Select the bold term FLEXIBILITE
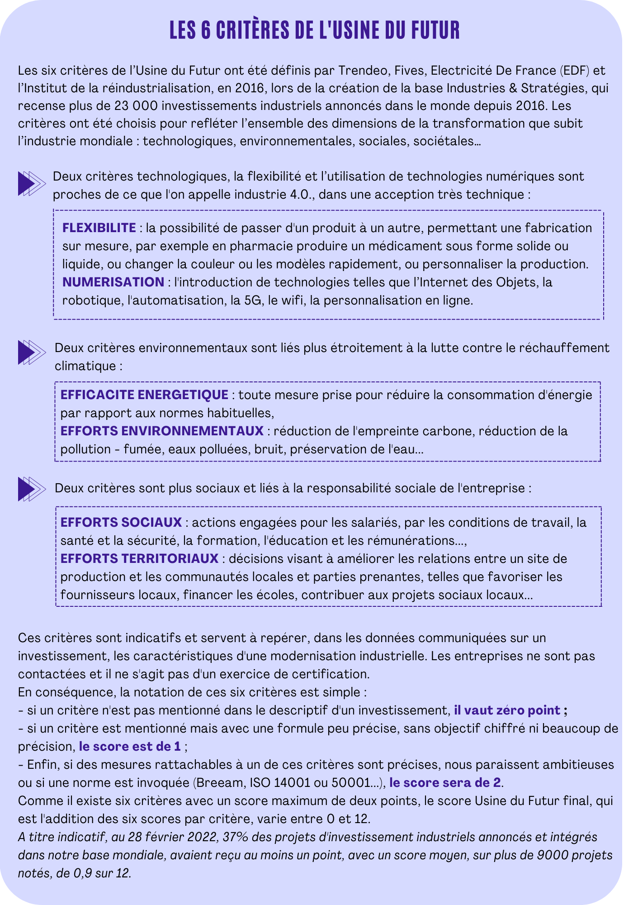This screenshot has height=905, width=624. click(x=99, y=228)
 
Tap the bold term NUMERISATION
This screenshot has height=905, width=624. click(x=113, y=282)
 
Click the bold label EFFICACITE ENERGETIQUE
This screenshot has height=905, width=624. click(x=144, y=395)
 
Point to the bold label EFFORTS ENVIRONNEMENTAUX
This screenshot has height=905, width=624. click(x=162, y=431)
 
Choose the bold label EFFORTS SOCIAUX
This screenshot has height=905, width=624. click(x=121, y=522)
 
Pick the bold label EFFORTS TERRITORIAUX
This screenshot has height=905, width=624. click(x=140, y=558)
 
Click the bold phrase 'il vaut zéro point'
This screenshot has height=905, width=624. click(x=507, y=710)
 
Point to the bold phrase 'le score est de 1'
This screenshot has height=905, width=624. click(x=130, y=746)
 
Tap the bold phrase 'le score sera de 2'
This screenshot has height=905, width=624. click(x=445, y=782)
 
